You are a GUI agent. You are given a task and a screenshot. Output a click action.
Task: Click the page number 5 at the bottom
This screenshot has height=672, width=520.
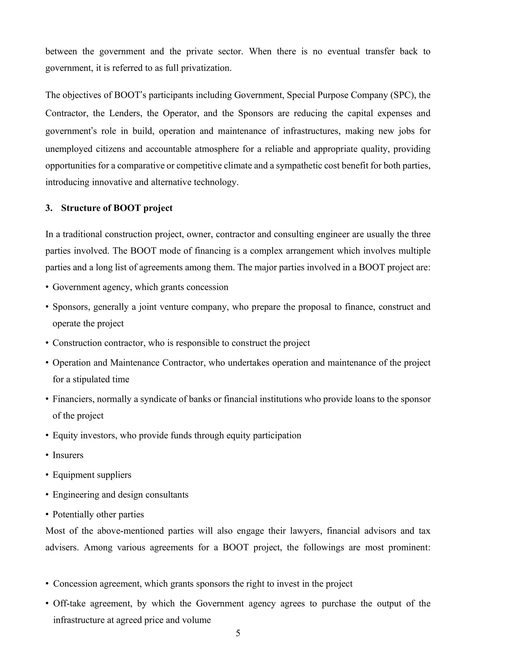238,633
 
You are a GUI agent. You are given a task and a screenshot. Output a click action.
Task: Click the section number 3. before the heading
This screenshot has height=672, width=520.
49,208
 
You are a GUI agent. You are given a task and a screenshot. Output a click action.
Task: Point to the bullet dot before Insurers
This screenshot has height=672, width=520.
47,455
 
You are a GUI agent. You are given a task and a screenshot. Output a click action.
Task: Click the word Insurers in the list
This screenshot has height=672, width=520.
68,455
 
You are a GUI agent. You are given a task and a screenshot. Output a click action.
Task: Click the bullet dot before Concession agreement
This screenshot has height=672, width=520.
47,584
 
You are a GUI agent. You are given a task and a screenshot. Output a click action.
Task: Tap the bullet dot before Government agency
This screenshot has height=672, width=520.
47,287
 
